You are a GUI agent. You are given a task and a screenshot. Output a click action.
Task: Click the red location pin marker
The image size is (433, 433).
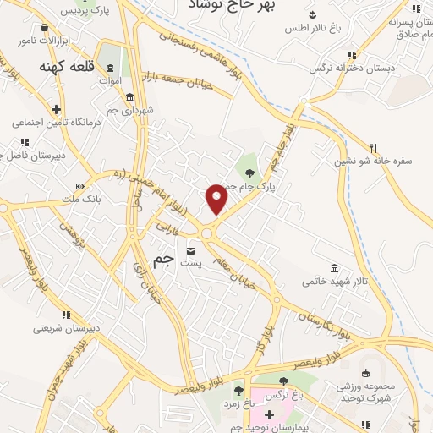tap(217, 199)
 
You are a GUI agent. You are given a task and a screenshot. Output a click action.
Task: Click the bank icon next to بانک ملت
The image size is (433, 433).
tap(80, 186)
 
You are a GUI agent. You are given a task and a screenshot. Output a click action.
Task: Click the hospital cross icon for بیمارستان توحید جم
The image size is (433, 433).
tap(270, 414)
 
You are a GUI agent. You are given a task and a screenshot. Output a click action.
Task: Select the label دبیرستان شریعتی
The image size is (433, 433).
tap(67, 328)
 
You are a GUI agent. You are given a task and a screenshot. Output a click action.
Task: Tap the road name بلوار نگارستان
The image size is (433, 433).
tap(321, 324)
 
